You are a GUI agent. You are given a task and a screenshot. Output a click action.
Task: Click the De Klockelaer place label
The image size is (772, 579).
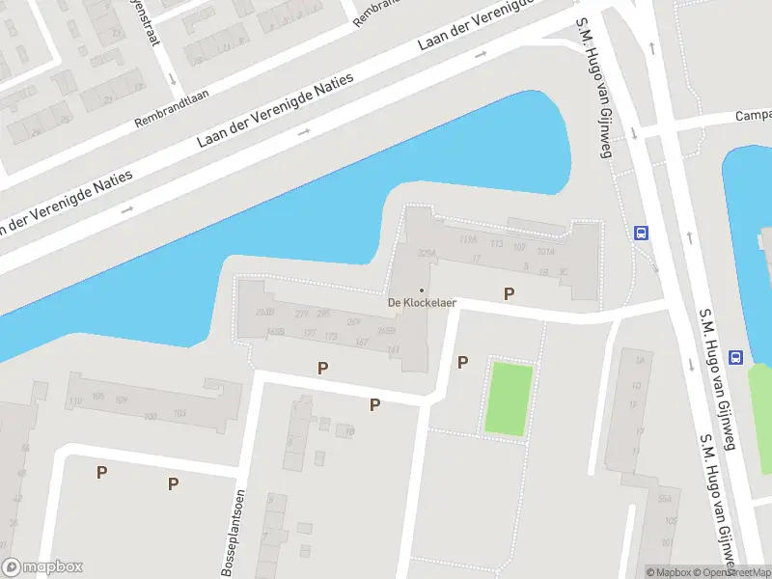(422, 302)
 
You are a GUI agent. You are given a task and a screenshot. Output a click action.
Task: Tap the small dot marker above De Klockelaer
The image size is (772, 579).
(421, 289)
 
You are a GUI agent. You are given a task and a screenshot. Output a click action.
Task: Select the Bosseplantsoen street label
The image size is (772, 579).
(234, 534)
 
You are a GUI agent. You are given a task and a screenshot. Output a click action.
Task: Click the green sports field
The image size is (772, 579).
(508, 399)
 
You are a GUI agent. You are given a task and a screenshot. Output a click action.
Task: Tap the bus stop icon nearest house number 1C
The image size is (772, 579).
(639, 233)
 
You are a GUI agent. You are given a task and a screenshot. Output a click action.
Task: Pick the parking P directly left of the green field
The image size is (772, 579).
(462, 362)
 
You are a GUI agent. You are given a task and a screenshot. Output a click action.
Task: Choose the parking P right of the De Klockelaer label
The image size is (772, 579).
(509, 293)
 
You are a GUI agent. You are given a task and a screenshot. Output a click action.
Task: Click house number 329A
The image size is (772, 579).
(427, 254)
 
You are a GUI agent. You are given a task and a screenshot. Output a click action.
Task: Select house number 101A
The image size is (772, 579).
(546, 251)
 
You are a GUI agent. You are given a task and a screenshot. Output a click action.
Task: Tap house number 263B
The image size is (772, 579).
(266, 312)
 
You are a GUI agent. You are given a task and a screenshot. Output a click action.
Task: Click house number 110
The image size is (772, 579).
(75, 401)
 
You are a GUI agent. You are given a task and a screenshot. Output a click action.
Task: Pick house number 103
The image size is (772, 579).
(179, 413)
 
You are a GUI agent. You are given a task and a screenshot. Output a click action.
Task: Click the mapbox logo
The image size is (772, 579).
(42, 567)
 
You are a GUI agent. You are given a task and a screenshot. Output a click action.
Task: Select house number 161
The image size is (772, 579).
(362, 342)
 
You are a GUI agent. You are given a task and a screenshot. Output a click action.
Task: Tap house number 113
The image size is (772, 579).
(497, 244)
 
